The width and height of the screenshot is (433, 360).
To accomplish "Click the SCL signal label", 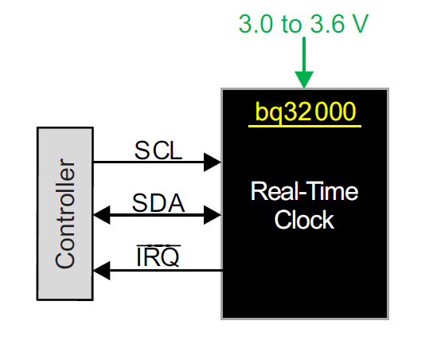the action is pyautogui.click(x=158, y=151).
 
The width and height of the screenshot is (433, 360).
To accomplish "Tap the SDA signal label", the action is pyautogui.click(x=158, y=203).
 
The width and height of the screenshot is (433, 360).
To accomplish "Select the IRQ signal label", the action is pyautogui.click(x=158, y=257).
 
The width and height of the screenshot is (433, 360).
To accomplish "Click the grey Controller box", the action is pyautogui.click(x=65, y=213).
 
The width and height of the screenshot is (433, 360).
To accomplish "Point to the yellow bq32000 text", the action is pyautogui.click(x=305, y=112).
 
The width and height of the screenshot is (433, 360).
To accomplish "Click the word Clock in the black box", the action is pyautogui.click(x=304, y=220).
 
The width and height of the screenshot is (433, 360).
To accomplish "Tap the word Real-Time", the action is pyautogui.click(x=304, y=191).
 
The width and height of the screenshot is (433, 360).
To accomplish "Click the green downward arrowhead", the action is pyautogui.click(x=304, y=80).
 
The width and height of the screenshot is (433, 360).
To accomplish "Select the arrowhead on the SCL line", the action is pyautogui.click(x=213, y=162).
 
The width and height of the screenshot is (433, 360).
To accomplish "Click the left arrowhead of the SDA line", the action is pyautogui.click(x=102, y=215).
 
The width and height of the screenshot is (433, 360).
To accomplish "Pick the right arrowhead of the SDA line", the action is pyautogui.click(x=213, y=215).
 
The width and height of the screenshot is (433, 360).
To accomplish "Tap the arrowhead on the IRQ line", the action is pyautogui.click(x=102, y=271).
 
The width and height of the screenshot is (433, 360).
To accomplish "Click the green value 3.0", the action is pyautogui.click(x=256, y=24).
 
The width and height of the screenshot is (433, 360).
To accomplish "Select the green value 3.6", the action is pyautogui.click(x=327, y=24).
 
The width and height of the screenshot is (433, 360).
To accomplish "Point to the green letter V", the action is pyautogui.click(x=360, y=24).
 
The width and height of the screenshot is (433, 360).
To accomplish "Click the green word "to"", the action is pyautogui.click(x=291, y=25).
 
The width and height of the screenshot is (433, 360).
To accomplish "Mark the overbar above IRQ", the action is pyautogui.click(x=158, y=245).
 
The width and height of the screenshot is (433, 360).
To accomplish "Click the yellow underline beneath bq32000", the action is pyautogui.click(x=305, y=127).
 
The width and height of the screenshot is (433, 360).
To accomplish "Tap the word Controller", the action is pyautogui.click(x=65, y=213).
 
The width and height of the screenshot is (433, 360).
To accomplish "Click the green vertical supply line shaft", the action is pyautogui.click(x=304, y=54).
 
